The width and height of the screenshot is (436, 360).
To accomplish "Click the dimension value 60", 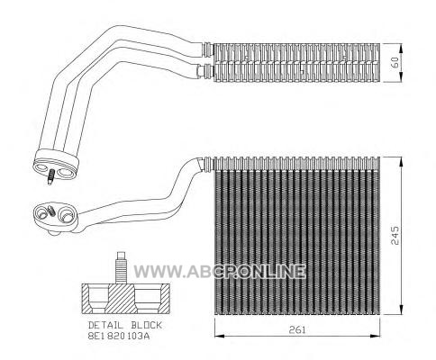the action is tap(395, 62).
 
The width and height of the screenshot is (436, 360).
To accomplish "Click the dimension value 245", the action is tap(395, 236).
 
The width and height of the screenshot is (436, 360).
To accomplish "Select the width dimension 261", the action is tap(297, 330).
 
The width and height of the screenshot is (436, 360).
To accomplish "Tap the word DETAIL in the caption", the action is tap(105, 325).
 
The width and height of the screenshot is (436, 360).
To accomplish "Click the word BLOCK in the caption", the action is tap(146, 325).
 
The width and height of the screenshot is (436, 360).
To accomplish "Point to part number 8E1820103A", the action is tap(119, 336).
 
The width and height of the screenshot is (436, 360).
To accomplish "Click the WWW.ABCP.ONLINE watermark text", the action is tap(220, 272).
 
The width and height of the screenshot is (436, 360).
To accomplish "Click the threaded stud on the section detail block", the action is tap(121, 267).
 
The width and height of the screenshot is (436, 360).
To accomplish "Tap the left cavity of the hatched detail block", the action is tap(96, 298).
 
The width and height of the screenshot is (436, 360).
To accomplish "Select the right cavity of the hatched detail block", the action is tap(148, 298).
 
